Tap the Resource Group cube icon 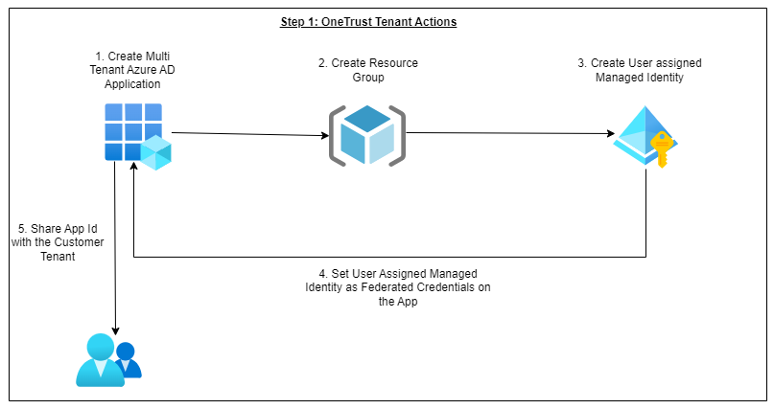pos(367,135)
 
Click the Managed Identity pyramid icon pos(642,135)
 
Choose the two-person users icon pos(107,359)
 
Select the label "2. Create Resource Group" pos(367,70)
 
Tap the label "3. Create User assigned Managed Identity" pos(640,70)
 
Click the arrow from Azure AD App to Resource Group pos(249,133)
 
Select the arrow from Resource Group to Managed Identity pos(508,135)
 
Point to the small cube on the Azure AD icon pos(155,152)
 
